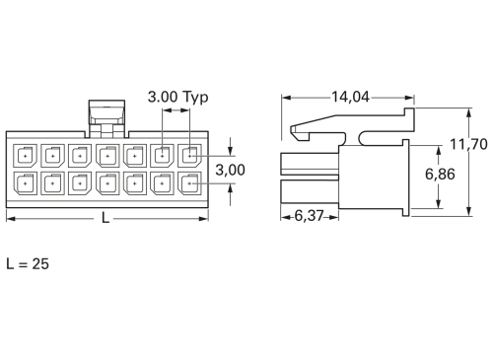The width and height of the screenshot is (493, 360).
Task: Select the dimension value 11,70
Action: pos(469,144)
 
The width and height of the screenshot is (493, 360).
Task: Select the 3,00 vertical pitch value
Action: pos(231,169)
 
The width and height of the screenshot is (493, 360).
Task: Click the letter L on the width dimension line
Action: pos(106,217)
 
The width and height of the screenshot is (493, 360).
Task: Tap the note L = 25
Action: pos(28,264)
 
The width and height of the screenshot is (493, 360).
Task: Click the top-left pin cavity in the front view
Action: pos(24,156)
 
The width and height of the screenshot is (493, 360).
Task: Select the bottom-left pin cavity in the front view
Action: pos(24,182)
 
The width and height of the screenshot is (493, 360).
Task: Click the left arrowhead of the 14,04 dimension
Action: pos(286,98)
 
